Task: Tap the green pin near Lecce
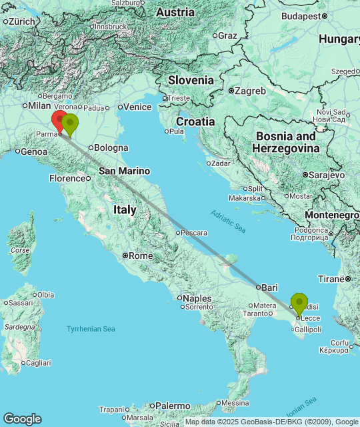[299, 303]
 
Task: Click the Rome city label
[141, 256]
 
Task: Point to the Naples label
[198, 298]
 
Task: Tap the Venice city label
[138, 107]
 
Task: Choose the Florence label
[69, 178]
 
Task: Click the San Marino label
[125, 171]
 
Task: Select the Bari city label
[269, 287]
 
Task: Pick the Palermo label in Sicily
[173, 405]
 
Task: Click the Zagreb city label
[251, 91]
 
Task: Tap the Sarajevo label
[327, 175]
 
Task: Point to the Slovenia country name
[191, 80]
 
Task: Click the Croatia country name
[195, 121]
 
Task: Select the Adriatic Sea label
[229, 220]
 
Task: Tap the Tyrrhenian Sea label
[91, 329]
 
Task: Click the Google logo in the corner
[22, 418]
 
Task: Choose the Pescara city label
[193, 233]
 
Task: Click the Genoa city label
[34, 151]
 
